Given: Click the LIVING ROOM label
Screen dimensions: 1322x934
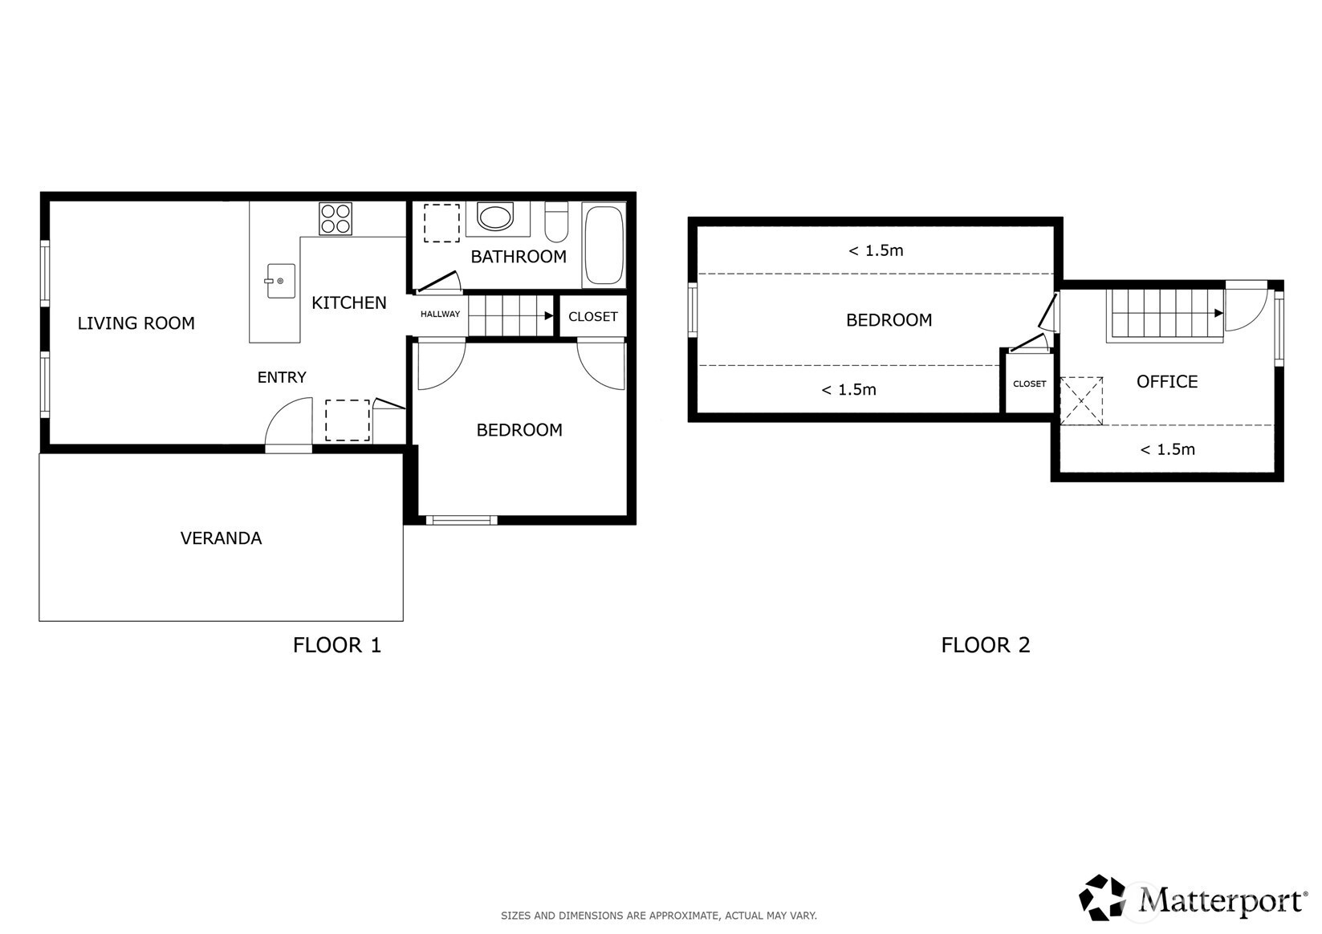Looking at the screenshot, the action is [136, 323].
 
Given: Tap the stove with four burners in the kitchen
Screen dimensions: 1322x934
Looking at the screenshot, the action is [336, 218].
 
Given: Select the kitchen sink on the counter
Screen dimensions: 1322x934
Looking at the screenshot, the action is [280, 281].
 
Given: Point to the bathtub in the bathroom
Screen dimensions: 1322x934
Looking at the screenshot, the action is [603, 245].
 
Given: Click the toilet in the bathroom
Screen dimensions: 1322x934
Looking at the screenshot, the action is [556, 221].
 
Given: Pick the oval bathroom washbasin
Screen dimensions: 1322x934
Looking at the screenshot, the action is [495, 217].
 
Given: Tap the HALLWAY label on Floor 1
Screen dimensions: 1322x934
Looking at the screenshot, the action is [440, 315].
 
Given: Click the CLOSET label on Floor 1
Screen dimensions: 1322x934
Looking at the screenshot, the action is [592, 317].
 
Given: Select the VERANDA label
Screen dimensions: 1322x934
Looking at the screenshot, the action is [221, 538].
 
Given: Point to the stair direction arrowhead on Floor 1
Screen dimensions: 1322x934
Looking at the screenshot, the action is [548, 315].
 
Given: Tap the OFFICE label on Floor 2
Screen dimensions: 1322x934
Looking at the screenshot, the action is [1167, 382].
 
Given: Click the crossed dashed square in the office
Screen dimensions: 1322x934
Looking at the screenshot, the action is [1081, 400].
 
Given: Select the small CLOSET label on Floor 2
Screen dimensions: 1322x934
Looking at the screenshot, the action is [1029, 384].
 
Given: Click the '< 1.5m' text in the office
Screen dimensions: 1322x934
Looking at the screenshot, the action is [1167, 449].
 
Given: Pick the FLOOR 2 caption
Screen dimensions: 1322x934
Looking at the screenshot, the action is [986, 645].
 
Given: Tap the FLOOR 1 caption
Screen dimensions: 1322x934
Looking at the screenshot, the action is [337, 645].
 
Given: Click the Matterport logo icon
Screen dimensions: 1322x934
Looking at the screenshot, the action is [1102, 897].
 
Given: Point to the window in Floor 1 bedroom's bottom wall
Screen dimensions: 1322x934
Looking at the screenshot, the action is [462, 520].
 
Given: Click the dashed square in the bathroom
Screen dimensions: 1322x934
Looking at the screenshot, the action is [441, 223].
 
